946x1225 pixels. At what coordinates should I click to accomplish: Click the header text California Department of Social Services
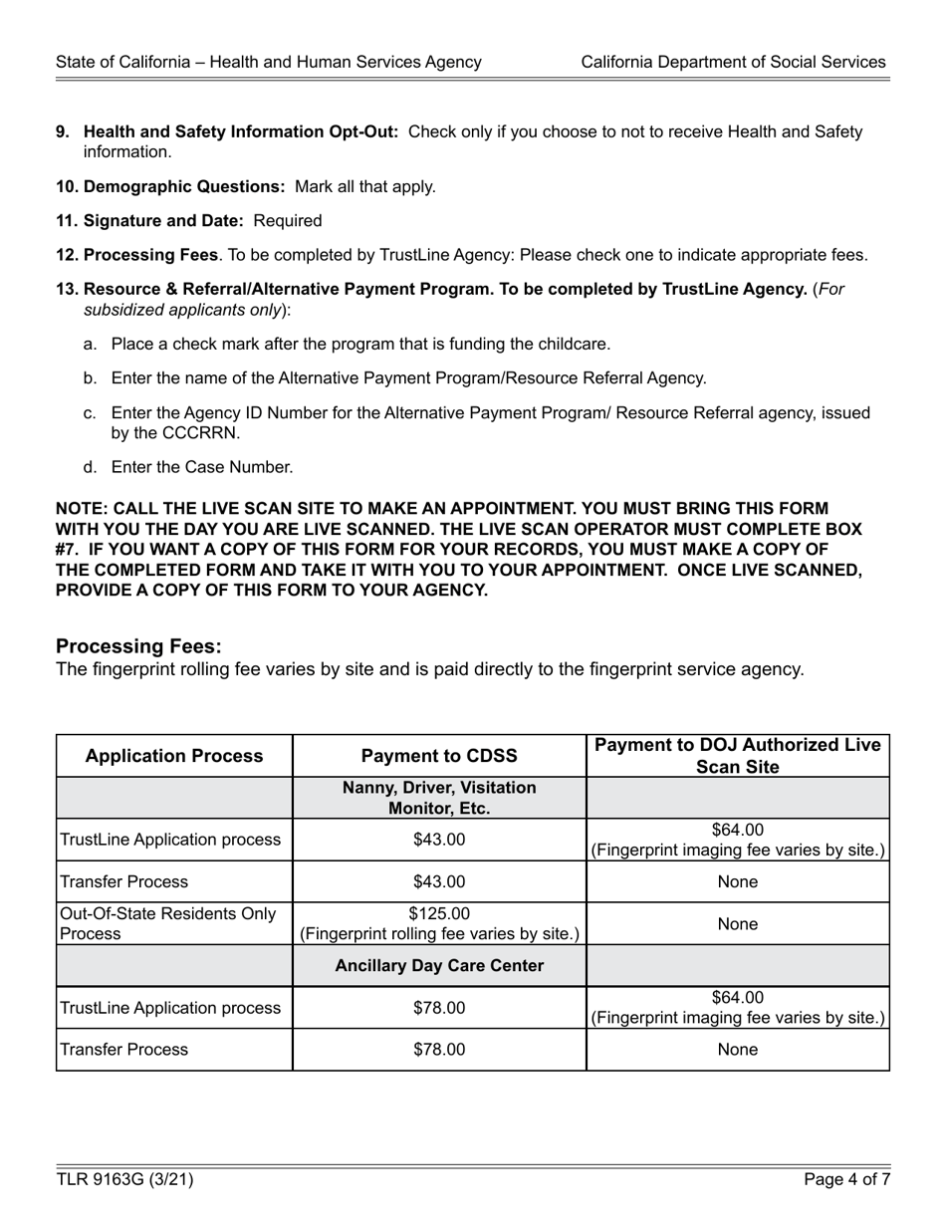[x=733, y=62]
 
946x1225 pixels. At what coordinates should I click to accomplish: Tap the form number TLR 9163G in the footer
[x=124, y=1180]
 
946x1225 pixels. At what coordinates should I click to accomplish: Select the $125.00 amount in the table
[x=439, y=914]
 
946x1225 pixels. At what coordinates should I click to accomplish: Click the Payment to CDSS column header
[x=439, y=756]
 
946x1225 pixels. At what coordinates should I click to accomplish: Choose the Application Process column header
[x=174, y=756]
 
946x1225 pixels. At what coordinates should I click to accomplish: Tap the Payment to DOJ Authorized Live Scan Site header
[x=737, y=756]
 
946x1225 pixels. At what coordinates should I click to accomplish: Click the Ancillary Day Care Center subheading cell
[x=439, y=966]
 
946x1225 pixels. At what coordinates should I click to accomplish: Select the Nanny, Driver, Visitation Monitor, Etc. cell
[x=439, y=798]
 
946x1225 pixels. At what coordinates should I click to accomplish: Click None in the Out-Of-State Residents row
[x=737, y=924]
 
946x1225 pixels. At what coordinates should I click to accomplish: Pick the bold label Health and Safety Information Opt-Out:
[x=241, y=131]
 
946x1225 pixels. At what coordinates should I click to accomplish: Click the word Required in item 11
[x=288, y=220]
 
